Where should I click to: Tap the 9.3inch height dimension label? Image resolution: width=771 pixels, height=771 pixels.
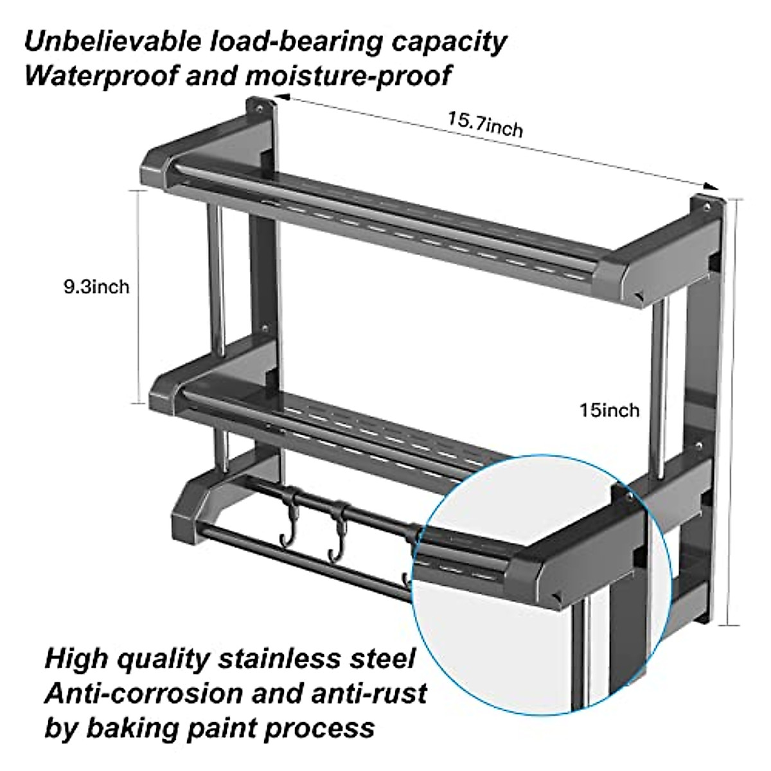pos(96,286)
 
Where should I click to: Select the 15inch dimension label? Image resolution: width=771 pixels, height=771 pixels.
pos(610,409)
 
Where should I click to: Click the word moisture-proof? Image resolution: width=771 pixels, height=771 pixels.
pos(348,76)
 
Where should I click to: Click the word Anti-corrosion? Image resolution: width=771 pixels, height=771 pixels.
pos(143,694)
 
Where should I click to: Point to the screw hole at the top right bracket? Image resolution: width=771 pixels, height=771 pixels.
pos(707,207)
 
